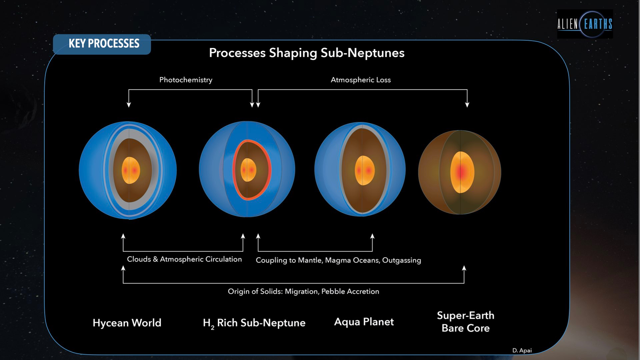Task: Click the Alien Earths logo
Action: coord(585,24)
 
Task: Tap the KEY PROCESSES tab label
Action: coord(104,44)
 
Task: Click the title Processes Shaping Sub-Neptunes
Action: coord(306,53)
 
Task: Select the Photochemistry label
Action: coord(186,80)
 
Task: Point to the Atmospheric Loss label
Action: coord(360,80)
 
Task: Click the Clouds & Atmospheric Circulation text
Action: coord(184,259)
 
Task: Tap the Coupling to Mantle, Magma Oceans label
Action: coord(338,260)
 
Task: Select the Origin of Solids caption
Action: coord(303,292)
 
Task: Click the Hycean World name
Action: coord(127,323)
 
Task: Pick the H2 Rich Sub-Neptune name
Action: coord(254,323)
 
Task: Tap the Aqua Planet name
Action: coord(364,322)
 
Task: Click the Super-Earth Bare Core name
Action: coord(465,322)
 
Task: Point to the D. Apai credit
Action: coord(522,351)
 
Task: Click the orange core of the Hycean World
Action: coord(131,170)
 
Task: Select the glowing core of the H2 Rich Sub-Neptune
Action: coord(248,170)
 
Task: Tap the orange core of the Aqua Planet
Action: coord(364,170)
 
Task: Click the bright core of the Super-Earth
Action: coord(462,172)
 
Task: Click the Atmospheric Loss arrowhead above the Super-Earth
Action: coord(467,105)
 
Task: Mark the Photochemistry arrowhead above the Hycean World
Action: coord(129,105)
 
